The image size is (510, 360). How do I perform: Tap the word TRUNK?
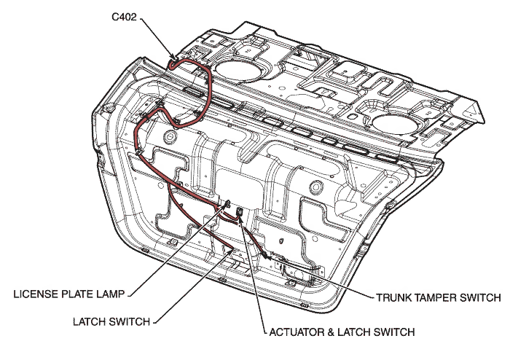pos(394,298)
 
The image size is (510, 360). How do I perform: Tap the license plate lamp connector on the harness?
pos(227,206)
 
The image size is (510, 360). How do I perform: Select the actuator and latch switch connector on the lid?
pos(240,212)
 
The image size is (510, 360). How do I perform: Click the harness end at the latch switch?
pos(232,251)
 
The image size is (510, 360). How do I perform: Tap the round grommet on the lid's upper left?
pos(169,136)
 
